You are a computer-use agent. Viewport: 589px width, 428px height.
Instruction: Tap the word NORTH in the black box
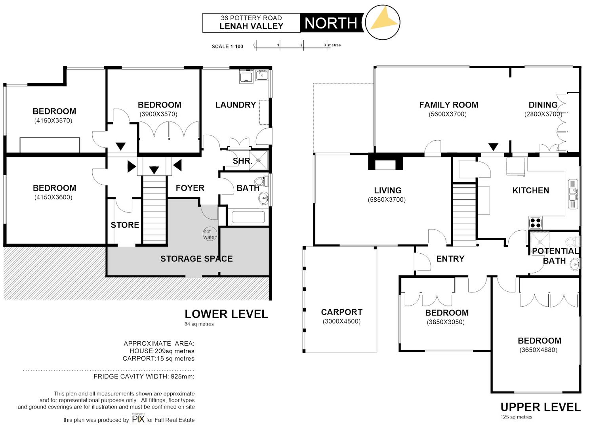click(331, 23)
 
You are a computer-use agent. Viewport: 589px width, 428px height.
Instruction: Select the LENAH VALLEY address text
click(252, 26)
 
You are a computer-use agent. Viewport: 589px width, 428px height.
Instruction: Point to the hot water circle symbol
click(210, 234)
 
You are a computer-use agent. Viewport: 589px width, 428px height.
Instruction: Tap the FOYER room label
click(190, 188)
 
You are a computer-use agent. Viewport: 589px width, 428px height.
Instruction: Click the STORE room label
click(125, 225)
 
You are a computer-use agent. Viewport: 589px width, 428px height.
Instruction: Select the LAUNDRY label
click(236, 105)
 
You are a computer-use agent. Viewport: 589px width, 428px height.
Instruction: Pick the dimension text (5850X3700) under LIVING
click(387, 200)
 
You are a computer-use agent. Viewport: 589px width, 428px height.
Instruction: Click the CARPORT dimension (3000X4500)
click(341, 321)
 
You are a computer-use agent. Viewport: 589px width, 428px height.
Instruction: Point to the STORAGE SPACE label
click(196, 259)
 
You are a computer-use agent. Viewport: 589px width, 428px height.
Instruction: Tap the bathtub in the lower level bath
click(248, 217)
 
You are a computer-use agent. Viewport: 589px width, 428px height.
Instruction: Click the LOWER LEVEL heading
click(226, 314)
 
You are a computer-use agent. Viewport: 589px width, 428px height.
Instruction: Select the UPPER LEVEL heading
click(540, 407)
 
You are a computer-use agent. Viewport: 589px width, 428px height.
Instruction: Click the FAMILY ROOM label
click(449, 105)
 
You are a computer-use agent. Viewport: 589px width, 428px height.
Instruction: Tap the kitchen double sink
click(573, 194)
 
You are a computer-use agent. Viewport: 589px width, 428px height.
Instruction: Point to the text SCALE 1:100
click(227, 46)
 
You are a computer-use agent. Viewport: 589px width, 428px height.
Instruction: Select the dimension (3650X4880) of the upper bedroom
click(538, 350)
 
